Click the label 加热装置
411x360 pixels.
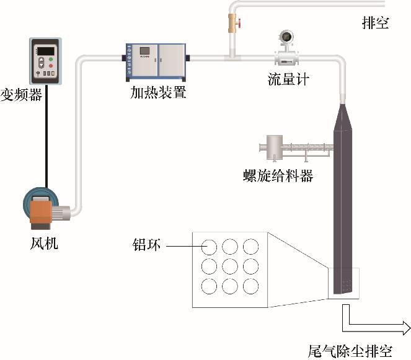[x=157, y=94]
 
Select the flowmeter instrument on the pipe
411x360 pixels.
[x=286, y=48]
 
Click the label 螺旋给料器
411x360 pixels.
[x=278, y=175]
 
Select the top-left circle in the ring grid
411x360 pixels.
[x=210, y=246]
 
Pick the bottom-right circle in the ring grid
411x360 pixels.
[x=250, y=287]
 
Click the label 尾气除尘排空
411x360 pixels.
[x=350, y=351]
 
